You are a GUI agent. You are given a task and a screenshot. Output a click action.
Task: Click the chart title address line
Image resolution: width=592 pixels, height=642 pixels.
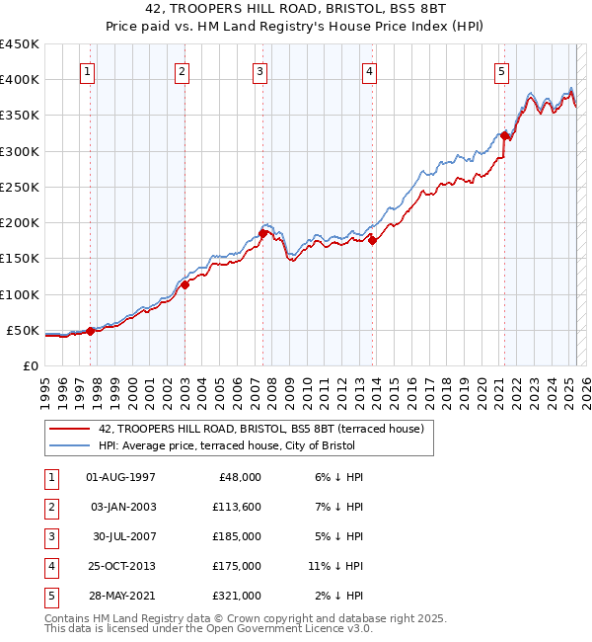pos(296,13)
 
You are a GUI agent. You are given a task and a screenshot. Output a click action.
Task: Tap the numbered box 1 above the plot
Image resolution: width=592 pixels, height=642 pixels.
pos(88,70)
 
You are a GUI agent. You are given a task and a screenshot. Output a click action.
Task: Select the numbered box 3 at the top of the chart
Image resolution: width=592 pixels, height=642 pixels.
pos(259,70)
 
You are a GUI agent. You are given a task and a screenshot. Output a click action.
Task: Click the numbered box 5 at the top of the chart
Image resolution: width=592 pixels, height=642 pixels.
pos(501,70)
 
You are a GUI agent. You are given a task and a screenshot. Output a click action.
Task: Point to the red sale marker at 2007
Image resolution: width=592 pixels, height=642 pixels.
pos(263,233)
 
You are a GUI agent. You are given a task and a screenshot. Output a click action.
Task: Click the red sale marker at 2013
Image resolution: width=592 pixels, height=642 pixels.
pos(372,240)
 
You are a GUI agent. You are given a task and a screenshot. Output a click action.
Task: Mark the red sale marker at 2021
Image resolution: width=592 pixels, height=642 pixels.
pos(504,135)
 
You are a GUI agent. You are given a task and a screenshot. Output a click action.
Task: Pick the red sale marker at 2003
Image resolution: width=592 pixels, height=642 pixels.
pos(185,284)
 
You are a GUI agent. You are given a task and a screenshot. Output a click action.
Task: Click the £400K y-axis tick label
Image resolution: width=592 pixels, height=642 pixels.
pos(19,80)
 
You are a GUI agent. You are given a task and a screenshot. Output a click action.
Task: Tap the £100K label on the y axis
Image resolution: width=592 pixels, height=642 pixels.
pos(19,294)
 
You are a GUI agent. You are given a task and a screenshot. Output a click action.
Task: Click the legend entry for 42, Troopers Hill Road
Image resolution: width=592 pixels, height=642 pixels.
pos(260,429)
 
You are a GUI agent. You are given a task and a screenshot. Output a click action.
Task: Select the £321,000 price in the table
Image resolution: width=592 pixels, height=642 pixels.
pos(238,596)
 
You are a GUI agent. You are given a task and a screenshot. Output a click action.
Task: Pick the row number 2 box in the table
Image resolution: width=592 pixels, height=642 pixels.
pos(49,507)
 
